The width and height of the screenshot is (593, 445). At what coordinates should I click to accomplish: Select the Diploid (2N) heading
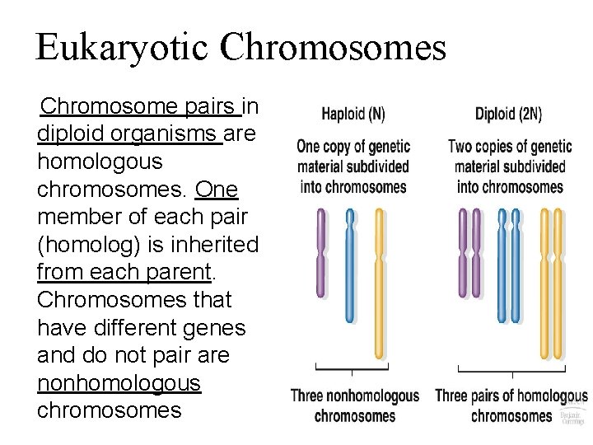coord(509,114)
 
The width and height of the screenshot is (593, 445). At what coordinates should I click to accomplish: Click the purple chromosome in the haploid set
coord(321,251)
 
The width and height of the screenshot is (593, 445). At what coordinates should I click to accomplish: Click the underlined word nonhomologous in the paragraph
coord(119,382)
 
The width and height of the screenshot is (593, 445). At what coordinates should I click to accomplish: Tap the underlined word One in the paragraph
coord(217,190)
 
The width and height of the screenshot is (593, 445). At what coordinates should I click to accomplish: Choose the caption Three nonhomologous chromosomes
coord(355,405)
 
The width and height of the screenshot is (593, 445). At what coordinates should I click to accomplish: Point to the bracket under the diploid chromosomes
coord(509,368)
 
